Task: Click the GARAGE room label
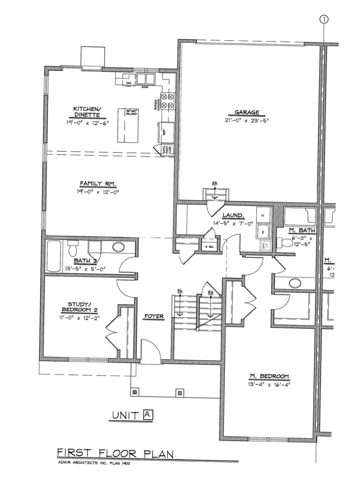(x=247, y=113)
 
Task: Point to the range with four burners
(x=169, y=101)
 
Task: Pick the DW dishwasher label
(x=129, y=83)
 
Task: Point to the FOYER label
(x=154, y=317)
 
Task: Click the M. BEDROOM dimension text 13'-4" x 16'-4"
(x=269, y=384)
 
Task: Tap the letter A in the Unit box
(x=148, y=414)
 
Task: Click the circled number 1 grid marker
(x=325, y=19)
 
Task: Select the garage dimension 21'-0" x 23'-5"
(x=247, y=120)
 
